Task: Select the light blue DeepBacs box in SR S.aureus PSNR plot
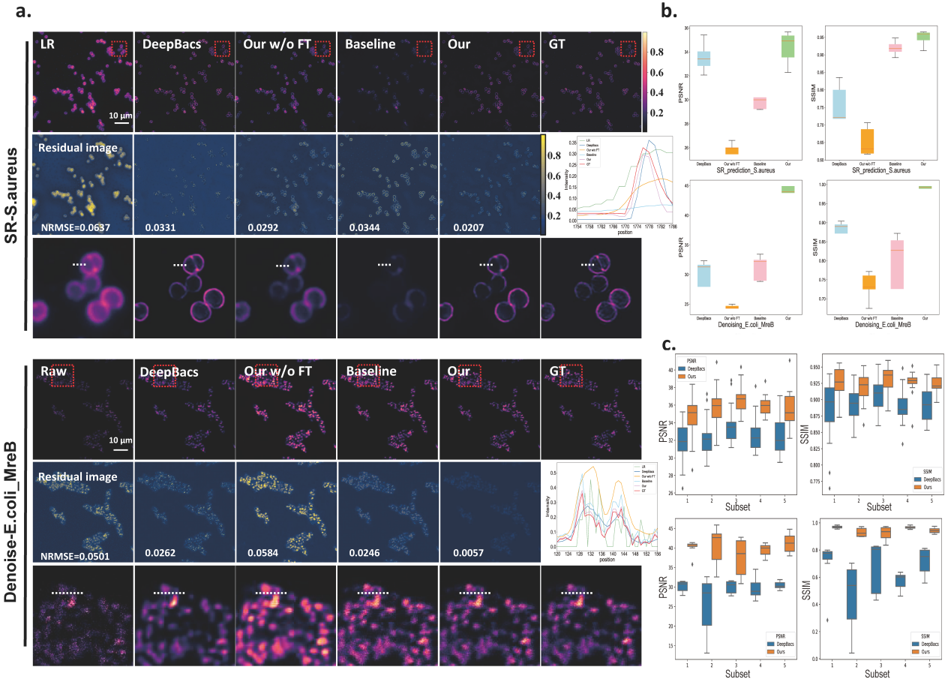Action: [x=704, y=58]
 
